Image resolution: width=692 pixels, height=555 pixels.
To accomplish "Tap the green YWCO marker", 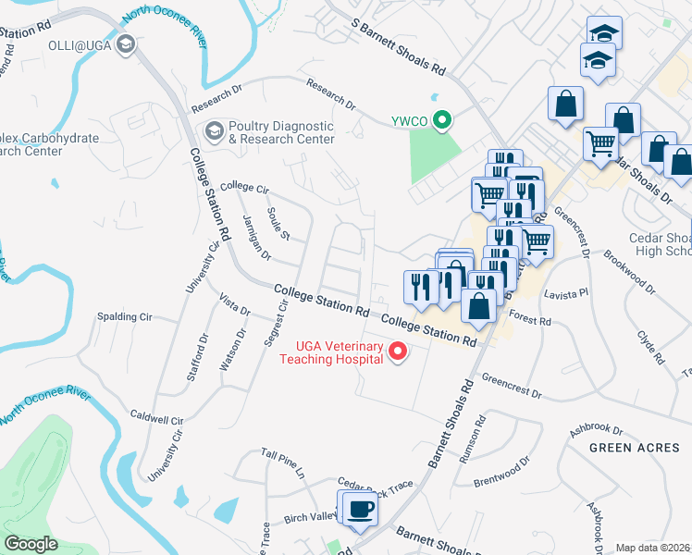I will (442, 119).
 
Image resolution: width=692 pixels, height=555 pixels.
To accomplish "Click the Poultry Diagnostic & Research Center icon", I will (215, 130).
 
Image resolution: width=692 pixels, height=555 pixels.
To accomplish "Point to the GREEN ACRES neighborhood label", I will (634, 448).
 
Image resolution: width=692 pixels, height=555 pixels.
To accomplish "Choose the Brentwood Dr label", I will (500, 471).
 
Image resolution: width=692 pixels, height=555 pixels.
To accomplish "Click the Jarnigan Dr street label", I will (256, 241).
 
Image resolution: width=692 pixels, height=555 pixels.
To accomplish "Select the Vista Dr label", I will (233, 309).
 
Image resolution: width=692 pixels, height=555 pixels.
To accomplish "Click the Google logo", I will (31, 544).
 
